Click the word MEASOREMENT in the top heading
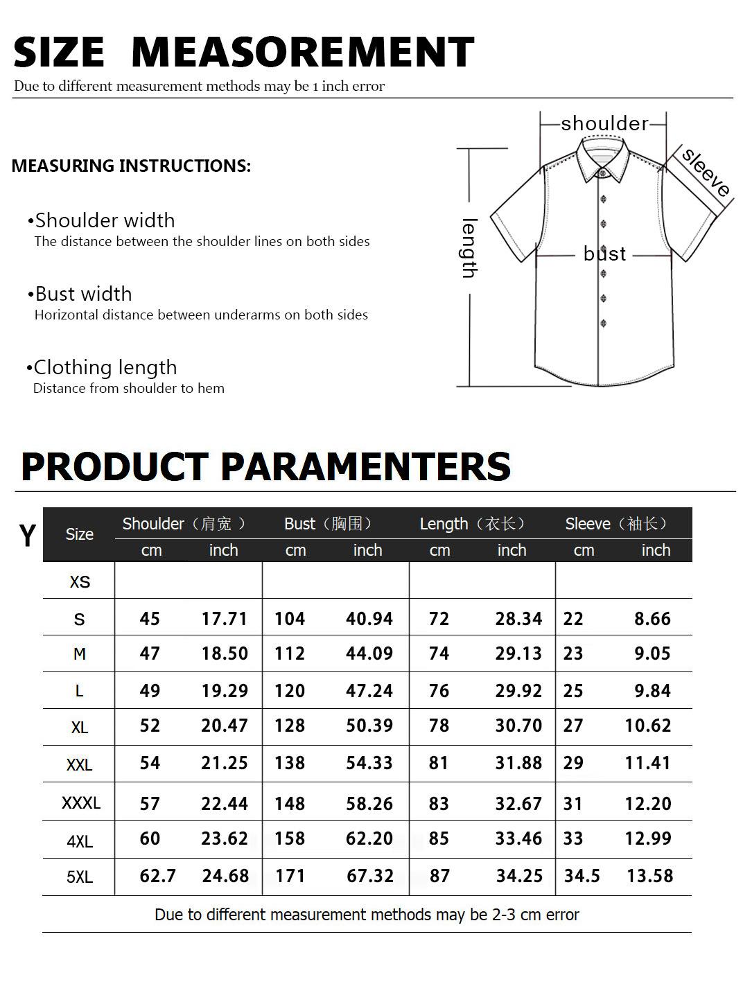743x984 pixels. coord(302,52)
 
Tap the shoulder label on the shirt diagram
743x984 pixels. coord(604,123)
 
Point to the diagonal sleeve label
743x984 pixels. coord(706,173)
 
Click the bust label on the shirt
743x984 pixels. coord(604,254)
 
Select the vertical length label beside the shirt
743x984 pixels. coord(469,248)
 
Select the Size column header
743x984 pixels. coord(79,534)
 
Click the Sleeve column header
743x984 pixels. coord(616,524)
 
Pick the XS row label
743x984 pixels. coord(80,581)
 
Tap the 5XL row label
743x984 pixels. coord(80,877)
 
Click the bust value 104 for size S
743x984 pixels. coord(290,619)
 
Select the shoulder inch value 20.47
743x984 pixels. coord(224,726)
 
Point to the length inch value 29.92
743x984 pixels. coord(518,691)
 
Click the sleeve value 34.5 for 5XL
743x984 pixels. coord(582,876)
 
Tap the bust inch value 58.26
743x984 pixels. coord(369,804)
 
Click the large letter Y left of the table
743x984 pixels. coord(27,536)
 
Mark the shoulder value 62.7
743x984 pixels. coord(157,876)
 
